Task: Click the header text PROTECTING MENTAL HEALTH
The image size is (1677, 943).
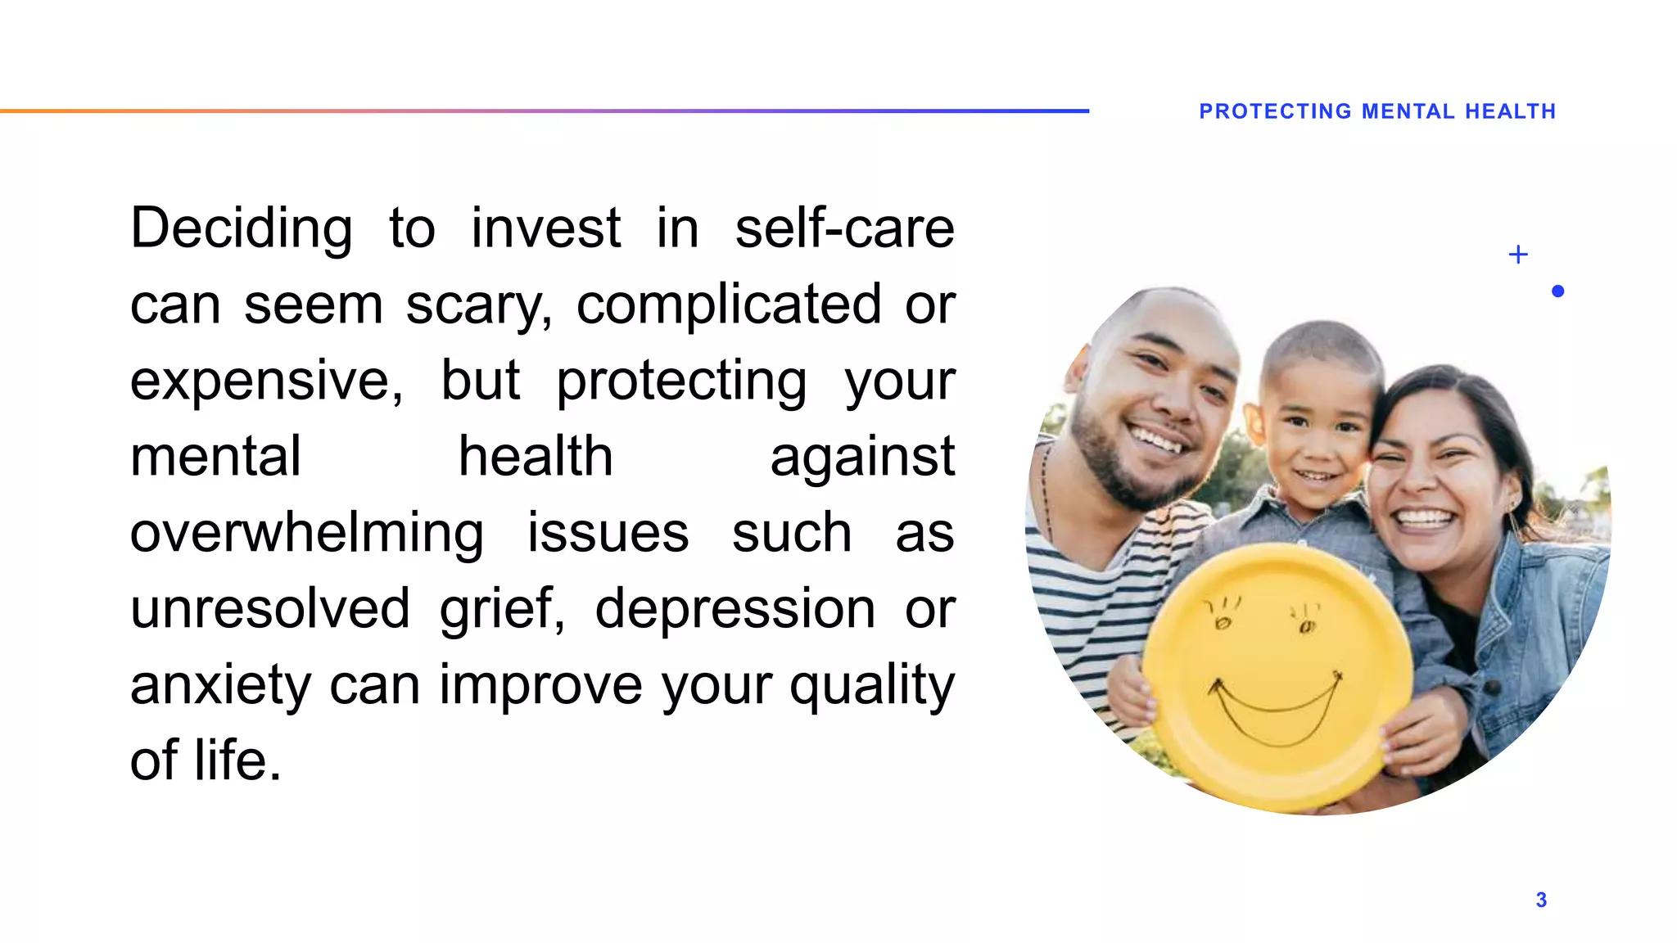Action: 1377,111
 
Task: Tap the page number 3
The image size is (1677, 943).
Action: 1541,900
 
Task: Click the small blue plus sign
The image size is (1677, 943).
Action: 1518,255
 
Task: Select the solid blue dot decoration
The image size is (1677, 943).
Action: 1557,291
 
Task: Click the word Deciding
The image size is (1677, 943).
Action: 242,228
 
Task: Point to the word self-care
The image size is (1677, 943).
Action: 844,228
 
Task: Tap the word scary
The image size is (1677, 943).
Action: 478,305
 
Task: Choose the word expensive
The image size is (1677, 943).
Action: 266,381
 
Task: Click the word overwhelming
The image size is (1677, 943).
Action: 307,534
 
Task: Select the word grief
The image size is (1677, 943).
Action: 501,609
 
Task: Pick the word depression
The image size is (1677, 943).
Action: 735,609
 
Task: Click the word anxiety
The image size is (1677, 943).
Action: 220,685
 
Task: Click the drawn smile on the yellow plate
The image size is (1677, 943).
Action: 1276,712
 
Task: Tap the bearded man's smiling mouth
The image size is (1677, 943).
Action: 1157,439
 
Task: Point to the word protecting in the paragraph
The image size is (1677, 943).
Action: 681,381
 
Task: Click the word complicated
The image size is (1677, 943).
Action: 729,305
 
